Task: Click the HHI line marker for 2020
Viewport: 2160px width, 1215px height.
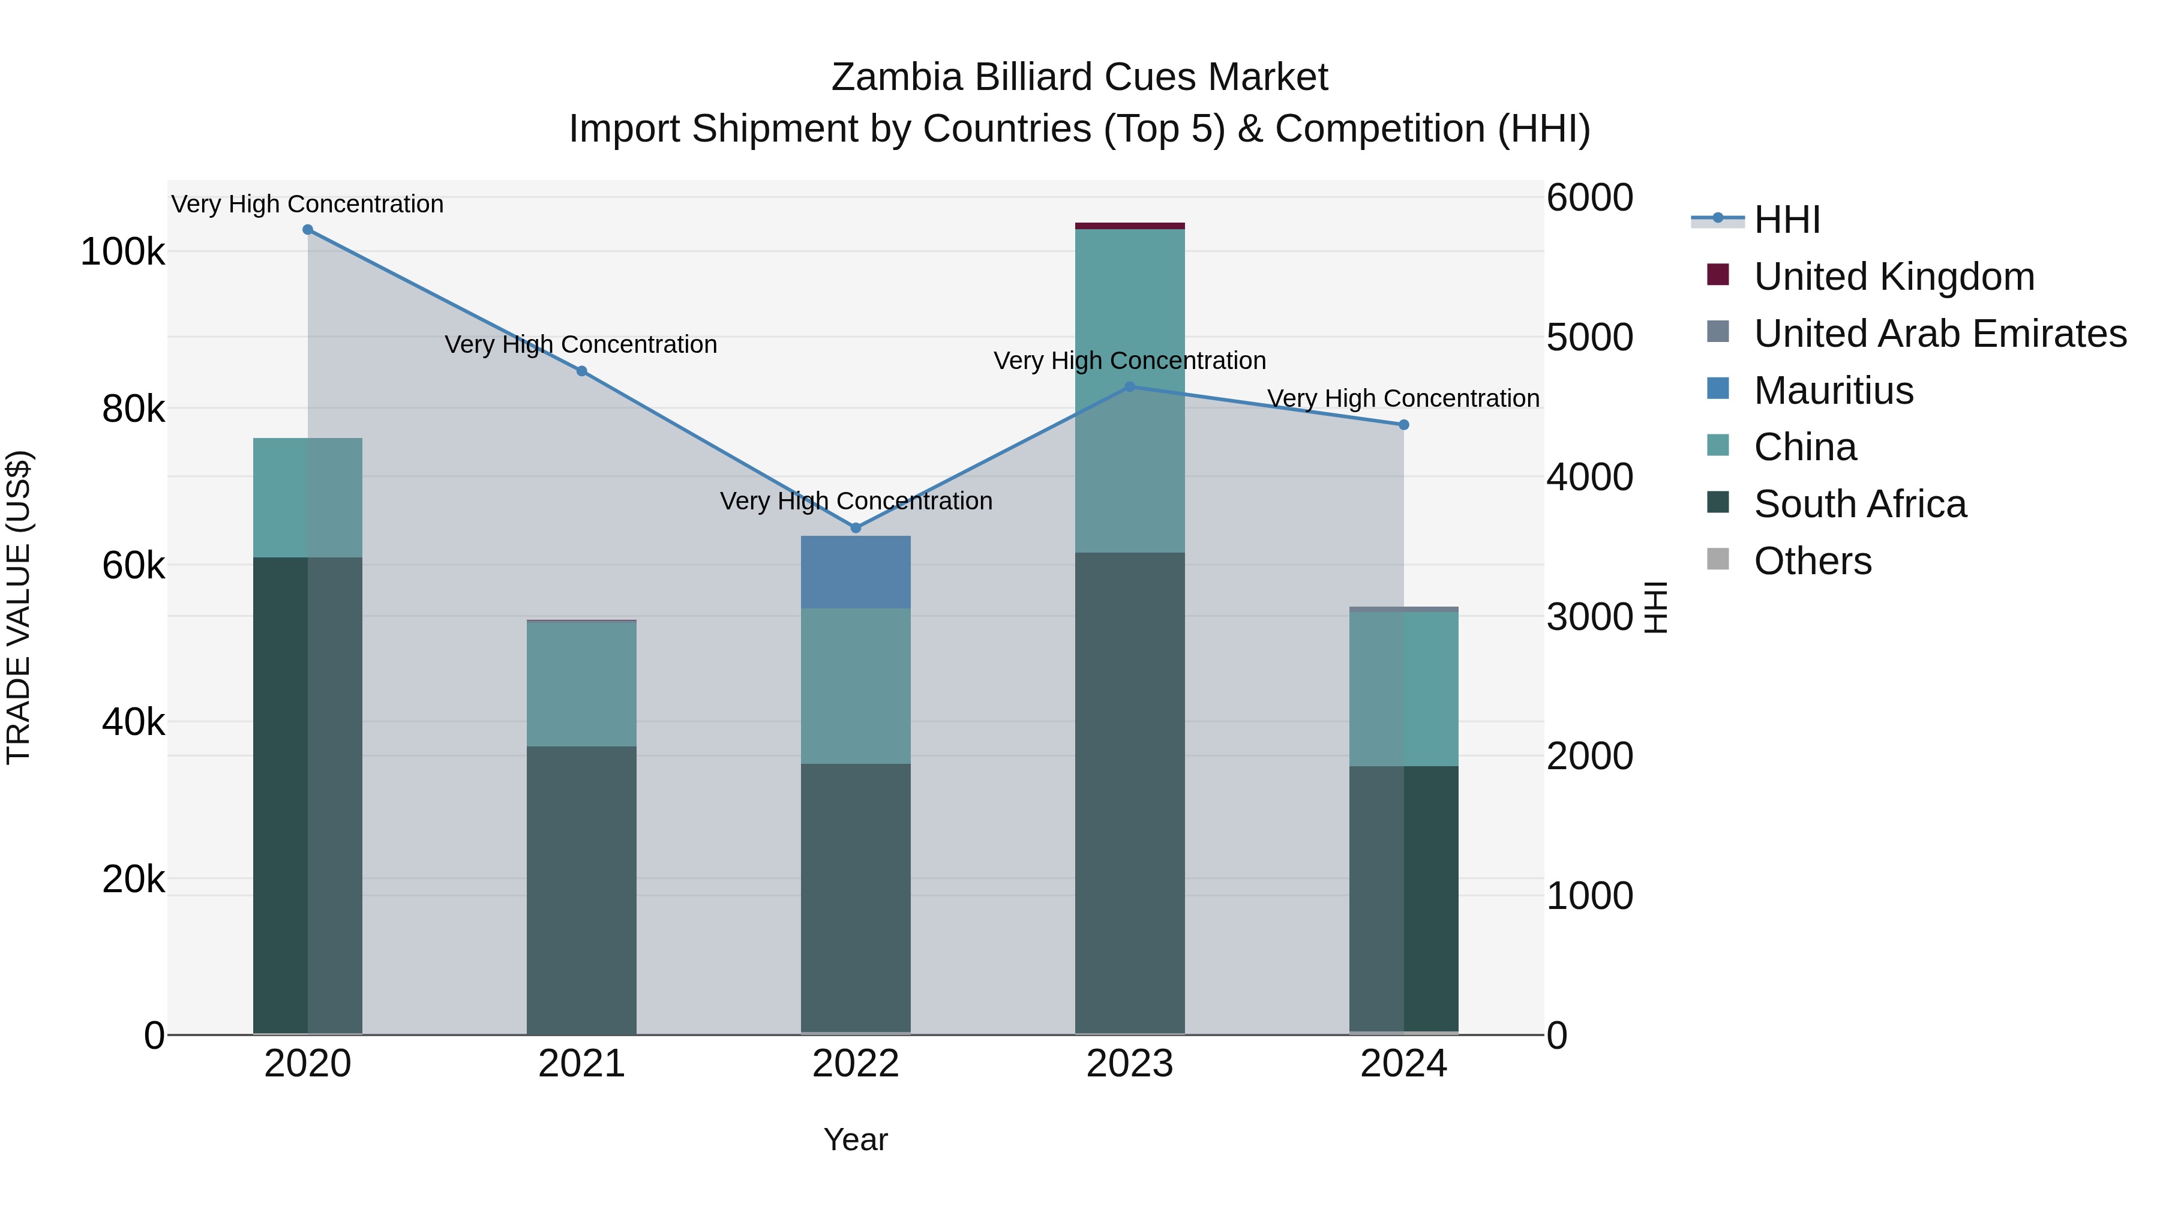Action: [x=308, y=230]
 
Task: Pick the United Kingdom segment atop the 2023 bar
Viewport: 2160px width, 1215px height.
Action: [x=1129, y=226]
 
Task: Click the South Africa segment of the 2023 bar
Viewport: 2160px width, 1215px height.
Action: [x=1129, y=793]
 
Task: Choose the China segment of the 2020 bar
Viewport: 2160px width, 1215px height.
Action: [x=308, y=497]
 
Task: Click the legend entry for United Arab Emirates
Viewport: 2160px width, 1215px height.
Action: [x=1939, y=334]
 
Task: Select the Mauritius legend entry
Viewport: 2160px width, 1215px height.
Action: [x=1833, y=391]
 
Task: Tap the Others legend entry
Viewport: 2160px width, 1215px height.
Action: [x=1812, y=561]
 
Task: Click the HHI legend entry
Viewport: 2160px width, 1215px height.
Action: [x=1786, y=220]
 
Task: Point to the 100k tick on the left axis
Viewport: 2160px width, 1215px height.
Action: [x=122, y=251]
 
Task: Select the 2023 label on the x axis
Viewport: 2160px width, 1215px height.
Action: [x=1129, y=1064]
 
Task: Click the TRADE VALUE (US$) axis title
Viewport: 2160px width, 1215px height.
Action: [x=19, y=607]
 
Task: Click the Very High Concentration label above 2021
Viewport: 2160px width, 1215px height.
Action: [x=581, y=344]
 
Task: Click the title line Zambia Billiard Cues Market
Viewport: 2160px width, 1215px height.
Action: [x=1079, y=77]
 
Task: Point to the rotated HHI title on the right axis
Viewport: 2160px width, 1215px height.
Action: [x=1655, y=607]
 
